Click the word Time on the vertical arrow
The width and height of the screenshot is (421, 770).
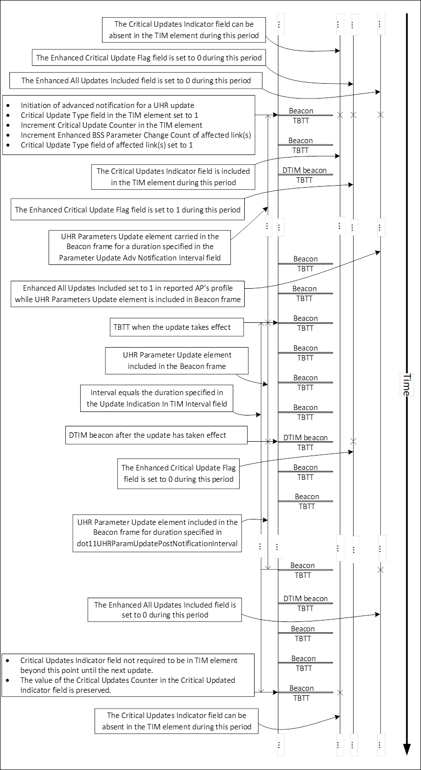tap(406, 385)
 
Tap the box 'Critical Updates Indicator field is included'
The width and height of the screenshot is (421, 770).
tap(173, 177)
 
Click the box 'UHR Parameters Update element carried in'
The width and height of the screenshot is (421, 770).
tap(140, 247)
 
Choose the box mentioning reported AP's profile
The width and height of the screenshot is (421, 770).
tap(128, 294)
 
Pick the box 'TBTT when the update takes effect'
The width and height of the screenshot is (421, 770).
tap(177, 327)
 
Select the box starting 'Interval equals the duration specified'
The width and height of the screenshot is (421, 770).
tap(157, 398)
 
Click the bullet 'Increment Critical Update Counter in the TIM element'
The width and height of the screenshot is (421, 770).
tap(111, 125)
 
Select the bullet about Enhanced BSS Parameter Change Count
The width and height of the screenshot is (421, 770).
tap(136, 135)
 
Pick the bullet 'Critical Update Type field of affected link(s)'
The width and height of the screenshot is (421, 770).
tap(107, 145)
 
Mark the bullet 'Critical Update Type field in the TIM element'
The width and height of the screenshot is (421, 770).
tap(109, 115)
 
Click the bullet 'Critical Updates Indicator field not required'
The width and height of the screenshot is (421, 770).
tap(129, 665)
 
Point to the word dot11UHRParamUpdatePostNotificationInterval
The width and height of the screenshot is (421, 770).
tap(157, 543)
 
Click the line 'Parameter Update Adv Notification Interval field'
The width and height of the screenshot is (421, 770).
tap(140, 257)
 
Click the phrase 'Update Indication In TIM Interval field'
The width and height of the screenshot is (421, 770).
tap(157, 404)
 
